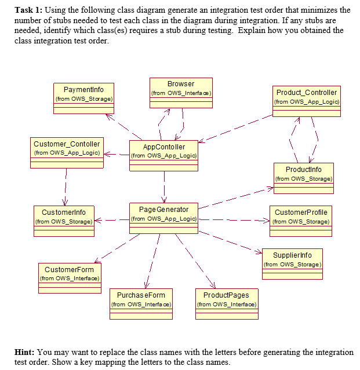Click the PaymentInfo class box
pyautogui.click(x=84, y=98)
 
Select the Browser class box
pyautogui.click(x=181, y=93)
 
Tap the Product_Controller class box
pyautogui.click(x=306, y=101)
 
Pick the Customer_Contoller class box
pyautogui.click(x=67, y=152)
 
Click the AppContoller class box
pyautogui.click(x=164, y=155)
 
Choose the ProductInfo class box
pyautogui.click(x=303, y=178)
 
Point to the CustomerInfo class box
pyautogui.click(x=64, y=221)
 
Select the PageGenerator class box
pyautogui.click(x=163, y=218)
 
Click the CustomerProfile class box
pyautogui.click(x=301, y=221)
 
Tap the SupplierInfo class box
pyautogui.click(x=292, y=263)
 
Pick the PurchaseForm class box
pyautogui.click(x=141, y=303)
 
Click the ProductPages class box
pyautogui.click(x=227, y=303)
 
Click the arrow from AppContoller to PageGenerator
pyautogui.click(x=165, y=187)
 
